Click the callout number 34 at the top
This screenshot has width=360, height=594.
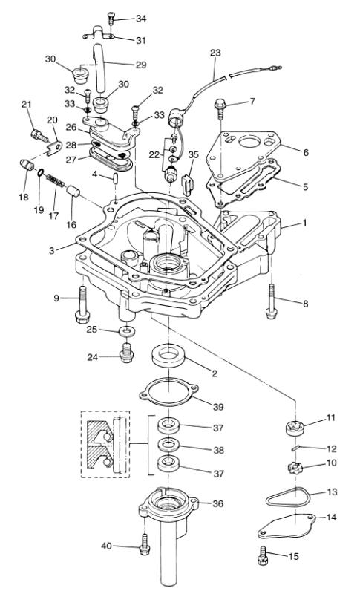pyautogui.click(x=141, y=18)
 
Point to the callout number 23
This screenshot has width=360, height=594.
pyautogui.click(x=216, y=53)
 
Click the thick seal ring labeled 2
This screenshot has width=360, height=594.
pyautogui.click(x=168, y=356)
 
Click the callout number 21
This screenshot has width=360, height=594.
pyautogui.click(x=26, y=103)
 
